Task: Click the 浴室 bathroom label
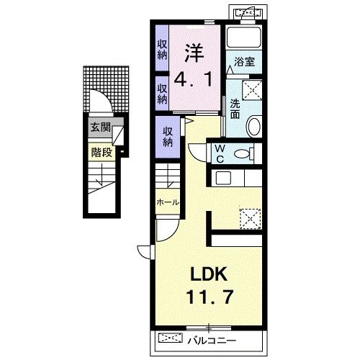pos(244,62)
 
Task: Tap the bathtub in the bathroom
pos(244,37)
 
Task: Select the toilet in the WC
pos(244,153)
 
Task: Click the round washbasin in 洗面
pos(254,126)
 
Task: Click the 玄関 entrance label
pos(101,127)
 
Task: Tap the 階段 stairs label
pos(102,152)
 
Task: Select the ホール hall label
pos(168,202)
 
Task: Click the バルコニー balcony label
pos(212,341)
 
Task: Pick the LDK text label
pos(209,274)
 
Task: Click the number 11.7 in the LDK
pos(210,297)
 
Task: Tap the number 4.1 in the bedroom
pos(194,80)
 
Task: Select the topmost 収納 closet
pos(162,50)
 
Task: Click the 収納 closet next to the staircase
pos(168,137)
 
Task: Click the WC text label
pos(220,154)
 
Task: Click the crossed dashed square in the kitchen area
pos(251,219)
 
